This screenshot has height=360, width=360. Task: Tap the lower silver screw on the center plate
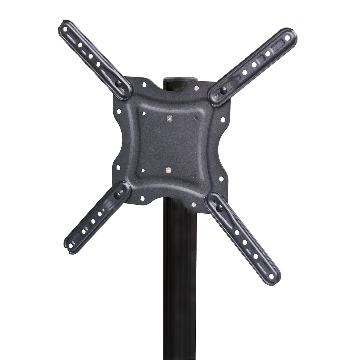click(169, 170)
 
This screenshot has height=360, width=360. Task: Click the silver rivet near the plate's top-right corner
click(196, 88)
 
